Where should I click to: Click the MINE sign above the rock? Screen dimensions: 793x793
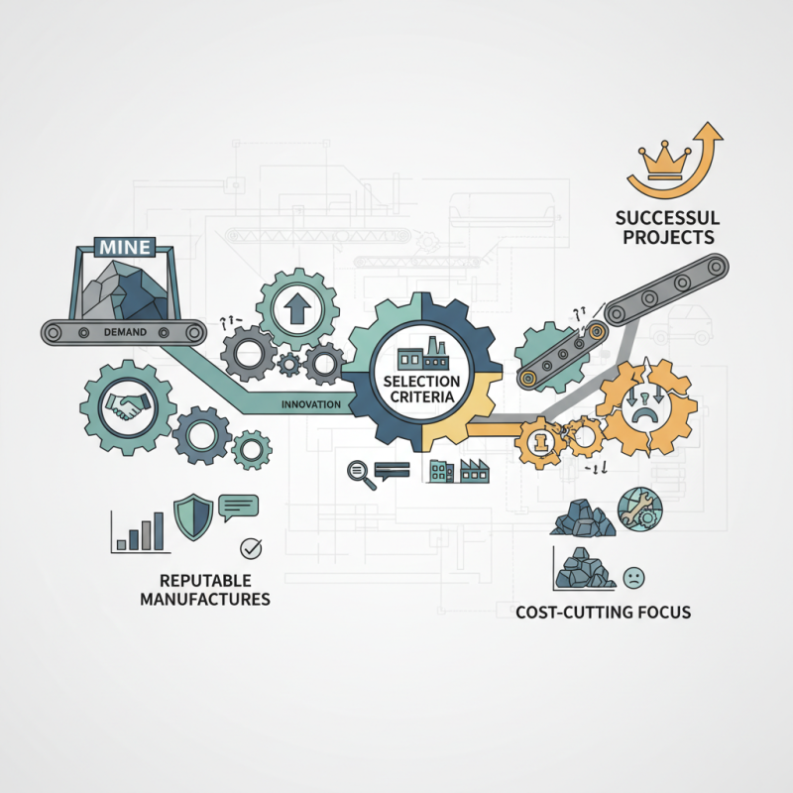125,247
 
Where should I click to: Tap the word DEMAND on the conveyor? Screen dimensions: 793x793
125,332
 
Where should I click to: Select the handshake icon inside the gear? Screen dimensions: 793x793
128,406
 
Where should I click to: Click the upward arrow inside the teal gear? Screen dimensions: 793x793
296,308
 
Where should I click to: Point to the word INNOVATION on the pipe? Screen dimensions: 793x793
311,404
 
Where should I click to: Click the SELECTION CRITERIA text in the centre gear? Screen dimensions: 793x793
422,389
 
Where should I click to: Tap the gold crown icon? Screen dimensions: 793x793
664,163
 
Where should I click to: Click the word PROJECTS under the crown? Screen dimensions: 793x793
668,237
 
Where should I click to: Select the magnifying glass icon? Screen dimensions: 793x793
361,475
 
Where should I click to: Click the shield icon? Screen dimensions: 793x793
193,517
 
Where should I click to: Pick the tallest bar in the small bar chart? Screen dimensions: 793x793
159,530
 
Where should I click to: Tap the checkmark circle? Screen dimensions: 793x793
251,548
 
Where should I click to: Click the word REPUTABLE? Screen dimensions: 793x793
205,580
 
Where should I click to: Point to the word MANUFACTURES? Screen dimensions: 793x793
205,600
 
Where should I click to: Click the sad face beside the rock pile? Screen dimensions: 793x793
633,578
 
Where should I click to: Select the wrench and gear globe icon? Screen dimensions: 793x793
639,509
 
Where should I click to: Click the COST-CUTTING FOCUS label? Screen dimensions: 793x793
604,612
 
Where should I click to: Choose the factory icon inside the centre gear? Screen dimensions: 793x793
423,354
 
